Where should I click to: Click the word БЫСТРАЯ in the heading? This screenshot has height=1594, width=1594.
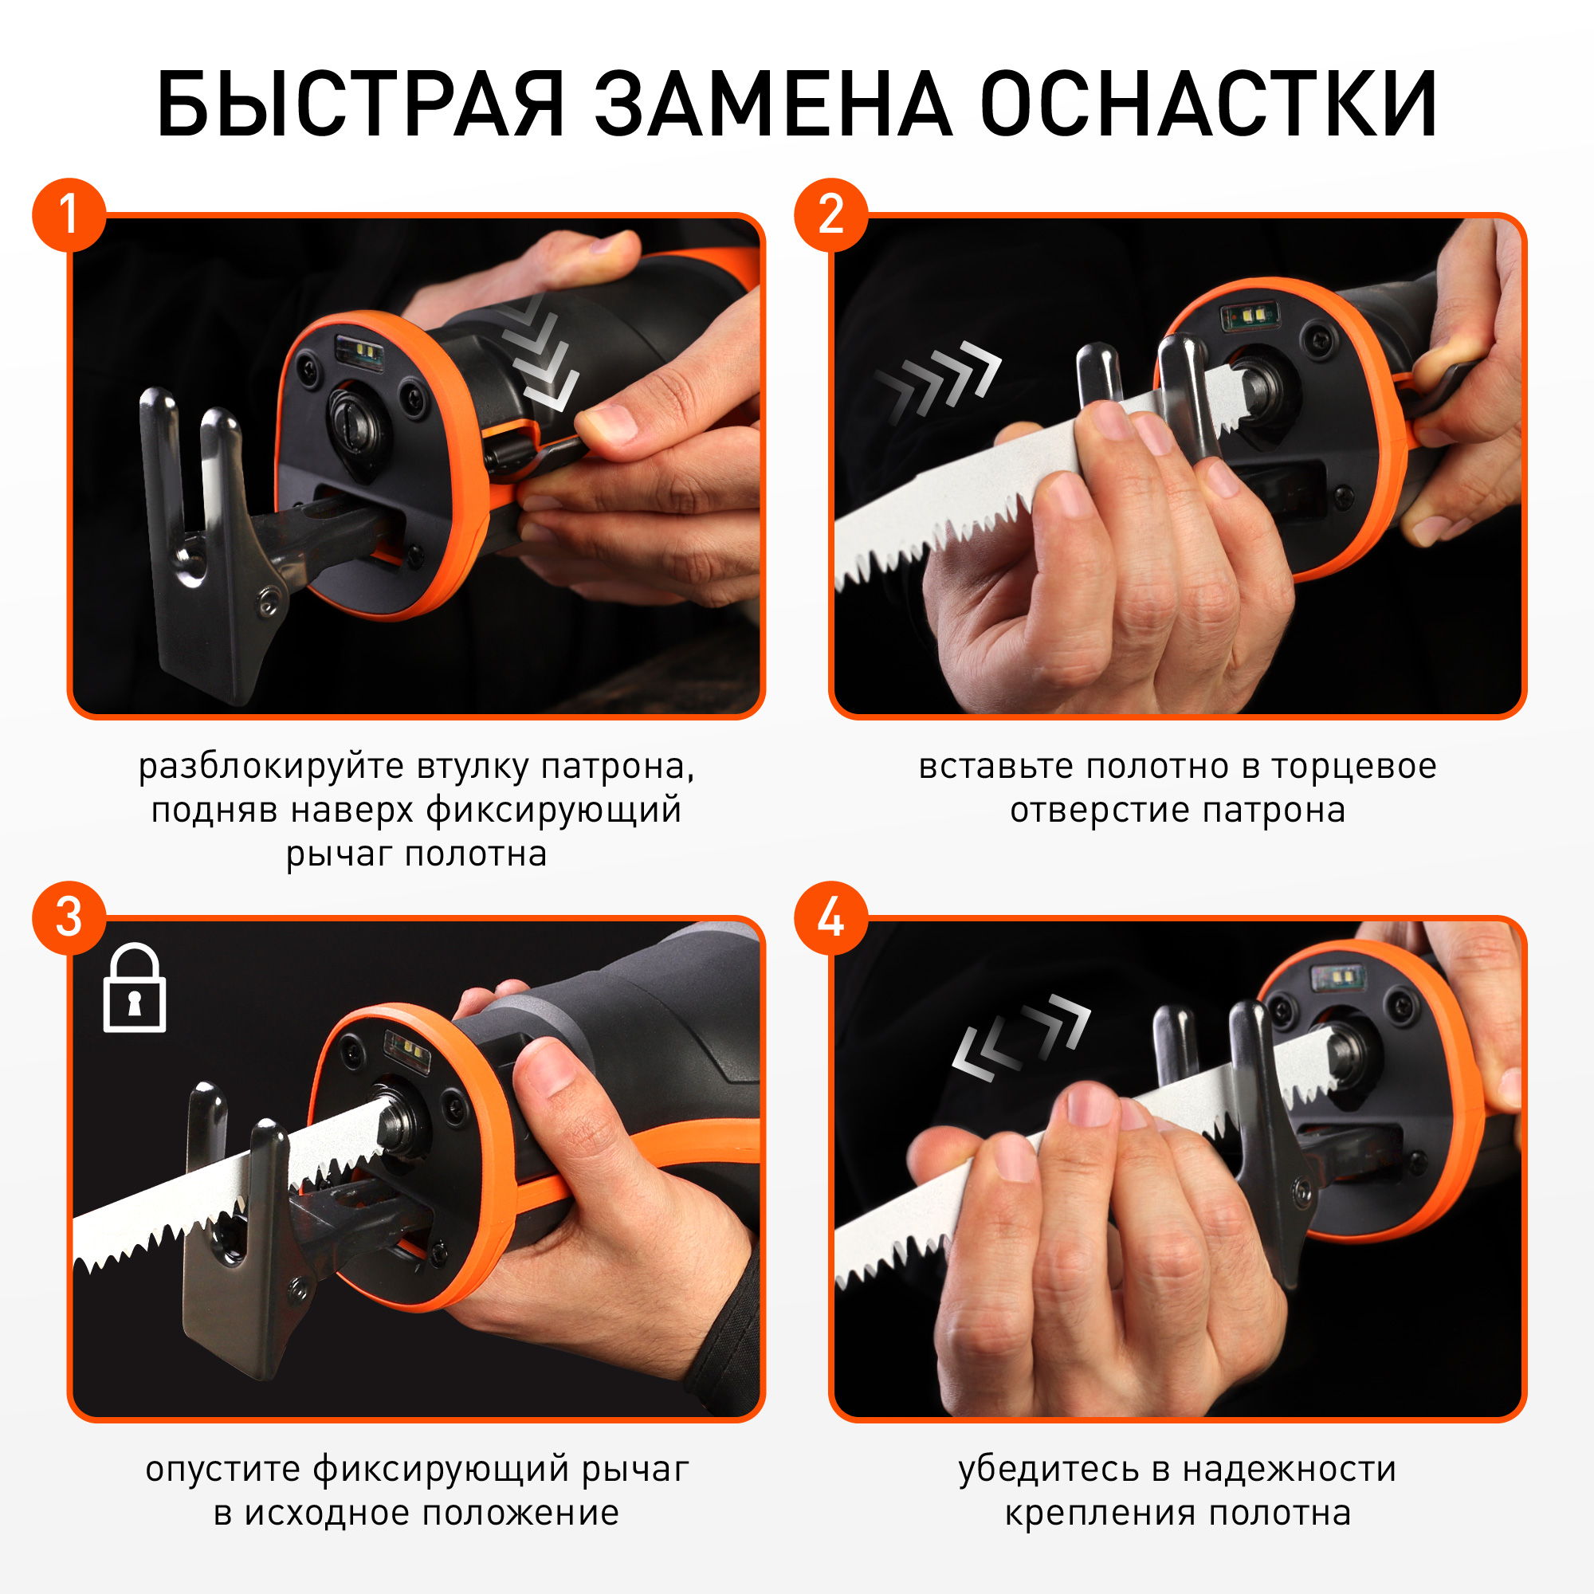pyautogui.click(x=360, y=103)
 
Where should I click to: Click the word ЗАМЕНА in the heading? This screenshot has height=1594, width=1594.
pyautogui.click(x=773, y=103)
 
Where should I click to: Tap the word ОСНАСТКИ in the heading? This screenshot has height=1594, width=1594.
pyautogui.click(x=1210, y=103)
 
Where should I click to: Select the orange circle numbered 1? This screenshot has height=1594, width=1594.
pyautogui.click(x=69, y=215)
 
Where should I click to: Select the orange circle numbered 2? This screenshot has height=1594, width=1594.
pyautogui.click(x=830, y=215)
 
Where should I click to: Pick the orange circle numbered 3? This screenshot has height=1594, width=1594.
pyautogui.click(x=69, y=918)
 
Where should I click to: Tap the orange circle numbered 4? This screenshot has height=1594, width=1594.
pyautogui.click(x=830, y=918)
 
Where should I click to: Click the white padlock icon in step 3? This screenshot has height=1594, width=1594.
pyautogui.click(x=135, y=987)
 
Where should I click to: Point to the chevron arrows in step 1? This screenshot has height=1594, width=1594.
pyautogui.click(x=540, y=351)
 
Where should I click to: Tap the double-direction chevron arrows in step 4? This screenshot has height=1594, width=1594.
pyautogui.click(x=1021, y=1037)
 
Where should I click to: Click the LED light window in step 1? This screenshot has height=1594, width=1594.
pyautogui.click(x=359, y=351)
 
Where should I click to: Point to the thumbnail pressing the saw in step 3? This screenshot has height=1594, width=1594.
pyautogui.click(x=548, y=1069)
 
